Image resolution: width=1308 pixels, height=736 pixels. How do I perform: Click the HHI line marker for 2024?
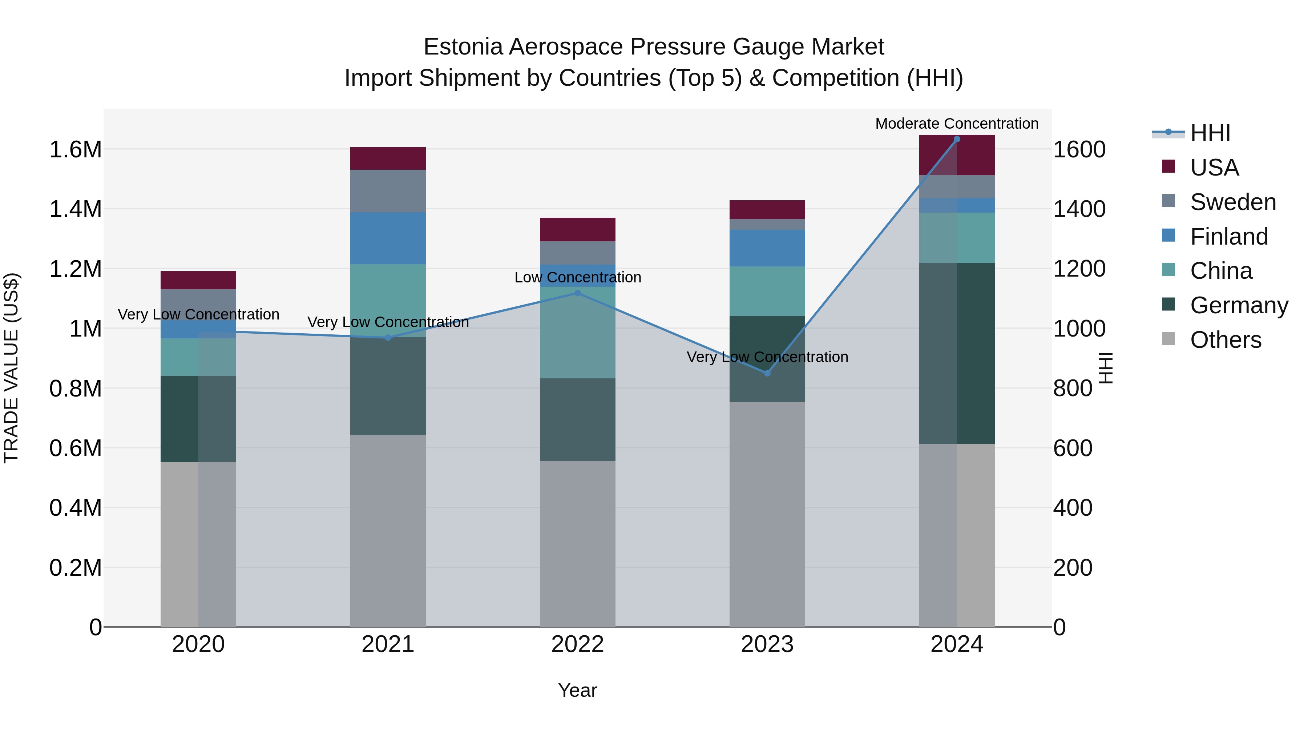tap(957, 139)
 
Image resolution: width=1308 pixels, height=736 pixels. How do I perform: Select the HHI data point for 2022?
tap(577, 293)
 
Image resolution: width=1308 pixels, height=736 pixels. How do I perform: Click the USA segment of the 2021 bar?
tap(388, 158)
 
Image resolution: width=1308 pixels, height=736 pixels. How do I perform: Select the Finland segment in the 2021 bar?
tap(388, 238)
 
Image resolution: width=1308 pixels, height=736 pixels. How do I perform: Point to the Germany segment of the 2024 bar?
tap(957, 354)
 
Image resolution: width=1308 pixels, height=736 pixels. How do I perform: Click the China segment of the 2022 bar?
tap(577, 333)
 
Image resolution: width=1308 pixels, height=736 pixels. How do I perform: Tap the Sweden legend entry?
tap(1232, 202)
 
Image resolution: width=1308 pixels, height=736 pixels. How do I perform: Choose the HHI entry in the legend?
tap(1210, 133)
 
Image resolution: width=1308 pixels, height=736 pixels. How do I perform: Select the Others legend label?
tap(1225, 340)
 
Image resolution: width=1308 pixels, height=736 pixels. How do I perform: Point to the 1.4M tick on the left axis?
tap(75, 209)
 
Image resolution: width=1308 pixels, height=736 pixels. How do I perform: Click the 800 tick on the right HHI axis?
tap(1073, 389)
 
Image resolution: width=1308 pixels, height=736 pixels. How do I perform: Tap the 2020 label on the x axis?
tap(198, 644)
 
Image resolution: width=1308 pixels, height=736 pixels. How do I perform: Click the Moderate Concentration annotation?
tap(957, 124)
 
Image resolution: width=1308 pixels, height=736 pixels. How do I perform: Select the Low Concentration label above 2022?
tap(577, 277)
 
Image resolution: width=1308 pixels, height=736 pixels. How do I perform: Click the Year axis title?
tap(577, 690)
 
